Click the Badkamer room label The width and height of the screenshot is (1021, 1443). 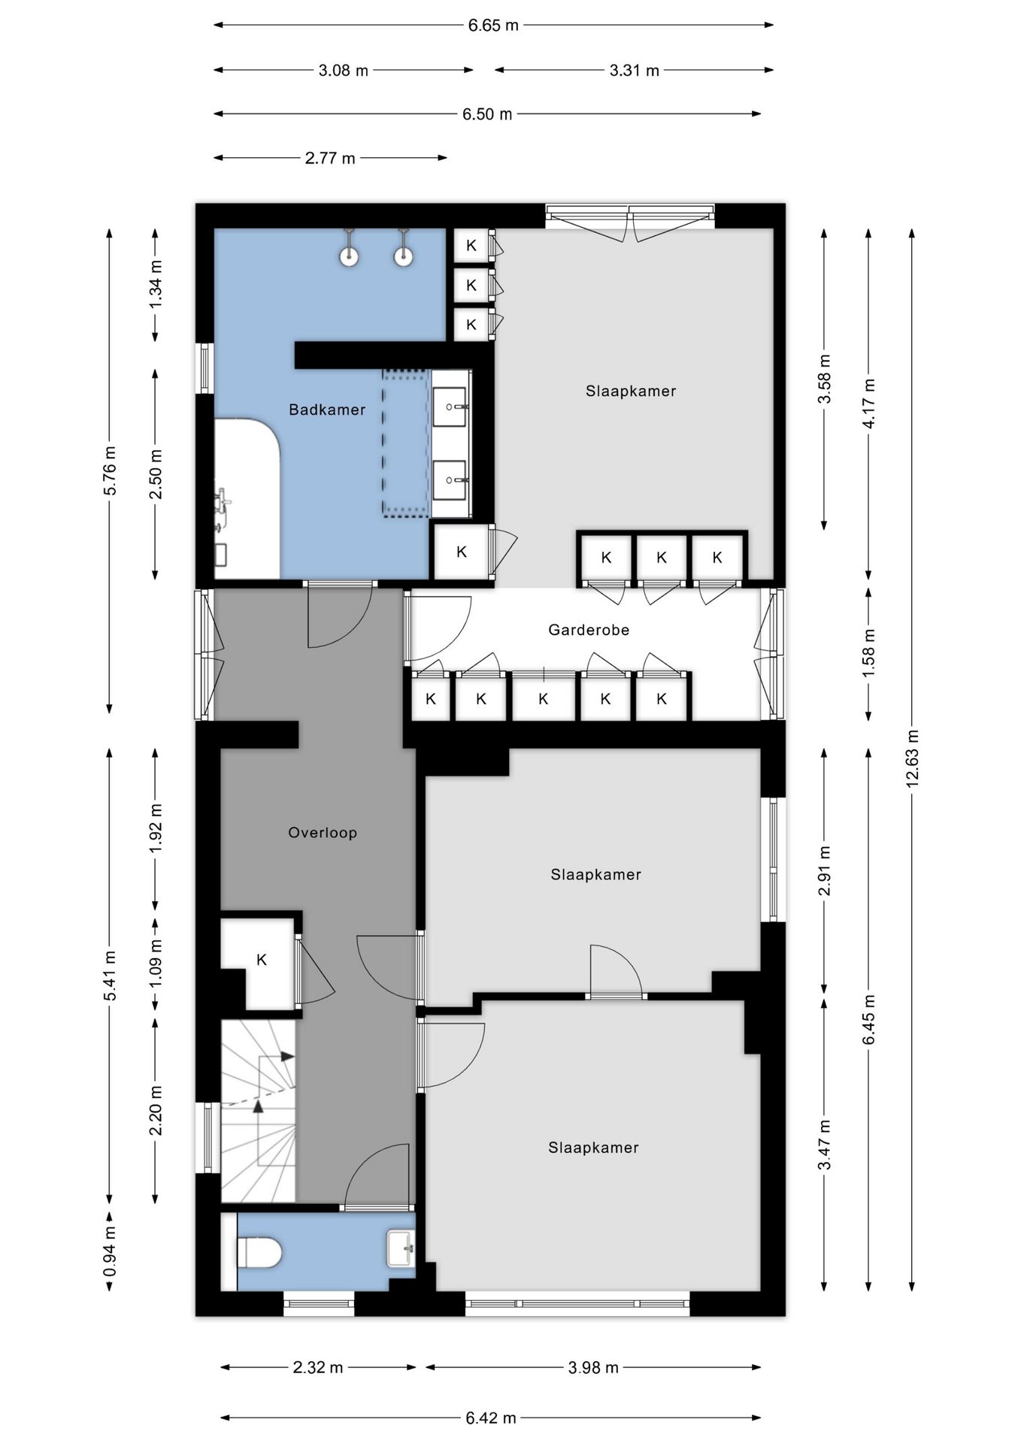[x=327, y=410]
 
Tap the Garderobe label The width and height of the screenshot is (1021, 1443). [x=589, y=630]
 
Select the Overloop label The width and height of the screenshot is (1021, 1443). [x=323, y=833]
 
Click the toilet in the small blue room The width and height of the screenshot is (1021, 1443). [x=259, y=1252]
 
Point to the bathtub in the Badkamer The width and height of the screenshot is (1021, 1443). [x=247, y=498]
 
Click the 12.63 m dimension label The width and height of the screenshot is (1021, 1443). [x=912, y=759]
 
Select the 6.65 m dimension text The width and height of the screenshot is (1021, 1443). [x=493, y=26]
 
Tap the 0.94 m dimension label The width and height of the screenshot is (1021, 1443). [x=110, y=1251]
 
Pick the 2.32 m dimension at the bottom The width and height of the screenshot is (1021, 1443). [x=318, y=1367]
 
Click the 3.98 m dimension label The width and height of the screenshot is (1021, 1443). [x=593, y=1367]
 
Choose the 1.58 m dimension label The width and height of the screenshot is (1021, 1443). [x=868, y=652]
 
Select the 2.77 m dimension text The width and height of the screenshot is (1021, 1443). [x=330, y=159]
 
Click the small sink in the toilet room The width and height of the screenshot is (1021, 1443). [x=401, y=1248]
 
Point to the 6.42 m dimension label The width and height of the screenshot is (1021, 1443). [x=491, y=1418]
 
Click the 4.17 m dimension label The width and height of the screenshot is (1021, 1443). [x=868, y=403]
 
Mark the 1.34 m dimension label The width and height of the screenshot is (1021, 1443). [x=156, y=284]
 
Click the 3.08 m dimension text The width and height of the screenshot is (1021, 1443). [x=344, y=71]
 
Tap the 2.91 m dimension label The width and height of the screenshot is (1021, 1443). [x=825, y=871]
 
